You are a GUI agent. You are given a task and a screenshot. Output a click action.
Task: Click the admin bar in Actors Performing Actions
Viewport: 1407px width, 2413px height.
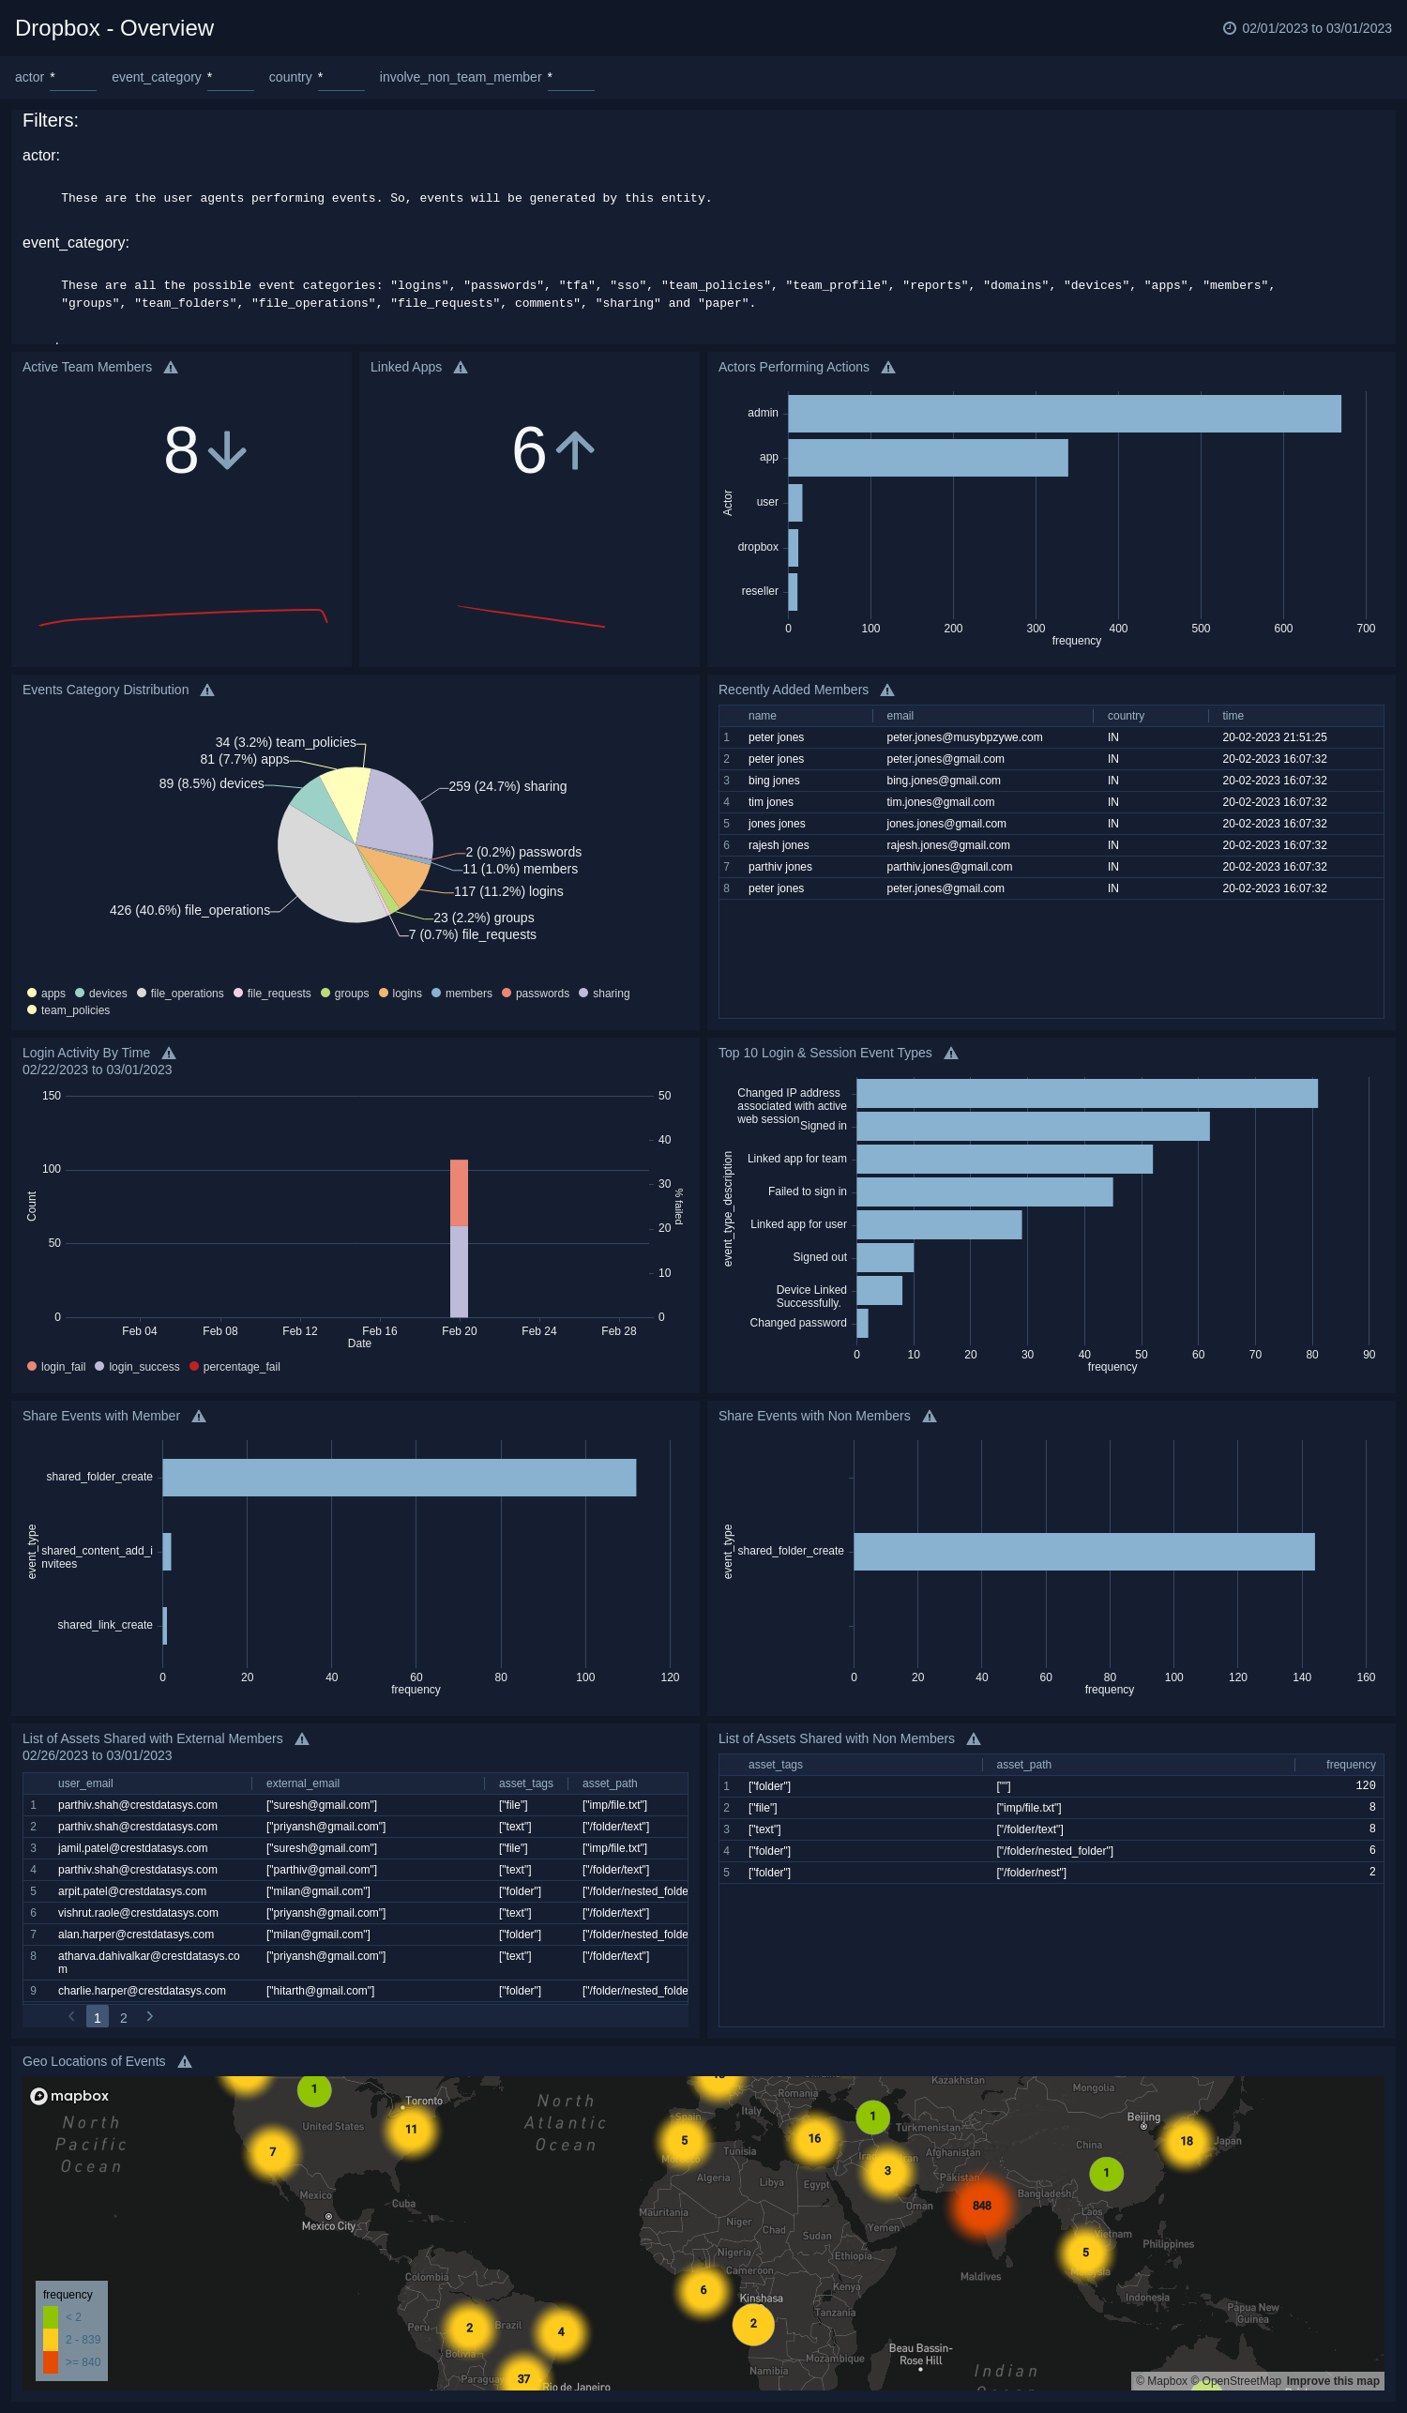pos(1063,414)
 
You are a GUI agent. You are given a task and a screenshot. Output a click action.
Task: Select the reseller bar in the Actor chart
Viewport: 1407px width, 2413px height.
pos(793,592)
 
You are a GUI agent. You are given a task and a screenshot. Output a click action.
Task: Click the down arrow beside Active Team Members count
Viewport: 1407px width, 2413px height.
pos(228,450)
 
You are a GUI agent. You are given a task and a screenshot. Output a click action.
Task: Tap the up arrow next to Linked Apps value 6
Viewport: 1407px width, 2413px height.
pos(575,450)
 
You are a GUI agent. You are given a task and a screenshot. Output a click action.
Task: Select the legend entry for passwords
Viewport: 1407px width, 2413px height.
pos(541,993)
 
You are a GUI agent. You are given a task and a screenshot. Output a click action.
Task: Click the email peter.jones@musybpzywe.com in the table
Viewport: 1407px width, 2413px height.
pos(964,737)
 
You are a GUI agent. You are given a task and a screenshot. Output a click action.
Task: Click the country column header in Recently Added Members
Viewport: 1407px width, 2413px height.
pos(1126,715)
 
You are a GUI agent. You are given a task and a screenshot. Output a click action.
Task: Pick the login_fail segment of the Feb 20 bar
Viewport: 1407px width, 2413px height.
pos(459,1192)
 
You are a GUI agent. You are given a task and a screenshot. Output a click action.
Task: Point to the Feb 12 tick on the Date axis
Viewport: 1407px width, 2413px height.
pos(299,1330)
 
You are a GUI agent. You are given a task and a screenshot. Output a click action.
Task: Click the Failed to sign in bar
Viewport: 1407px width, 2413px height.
pos(984,1191)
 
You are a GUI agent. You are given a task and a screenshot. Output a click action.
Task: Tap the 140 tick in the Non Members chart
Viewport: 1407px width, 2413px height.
pos(1301,1677)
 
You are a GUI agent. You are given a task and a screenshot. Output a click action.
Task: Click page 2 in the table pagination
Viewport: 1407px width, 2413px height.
pos(124,2017)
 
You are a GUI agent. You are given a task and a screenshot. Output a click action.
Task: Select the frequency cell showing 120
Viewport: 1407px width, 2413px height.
pos(1365,1785)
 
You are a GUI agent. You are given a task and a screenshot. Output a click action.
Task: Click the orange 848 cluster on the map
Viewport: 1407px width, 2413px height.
pos(981,2206)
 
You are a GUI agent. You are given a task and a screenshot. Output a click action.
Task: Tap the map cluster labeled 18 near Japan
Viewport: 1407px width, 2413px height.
pos(1186,2141)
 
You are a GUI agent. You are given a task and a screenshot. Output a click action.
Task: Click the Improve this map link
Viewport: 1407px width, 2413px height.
pos(1332,2380)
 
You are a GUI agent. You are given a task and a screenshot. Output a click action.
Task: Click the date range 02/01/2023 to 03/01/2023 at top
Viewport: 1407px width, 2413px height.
pos(1315,28)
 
